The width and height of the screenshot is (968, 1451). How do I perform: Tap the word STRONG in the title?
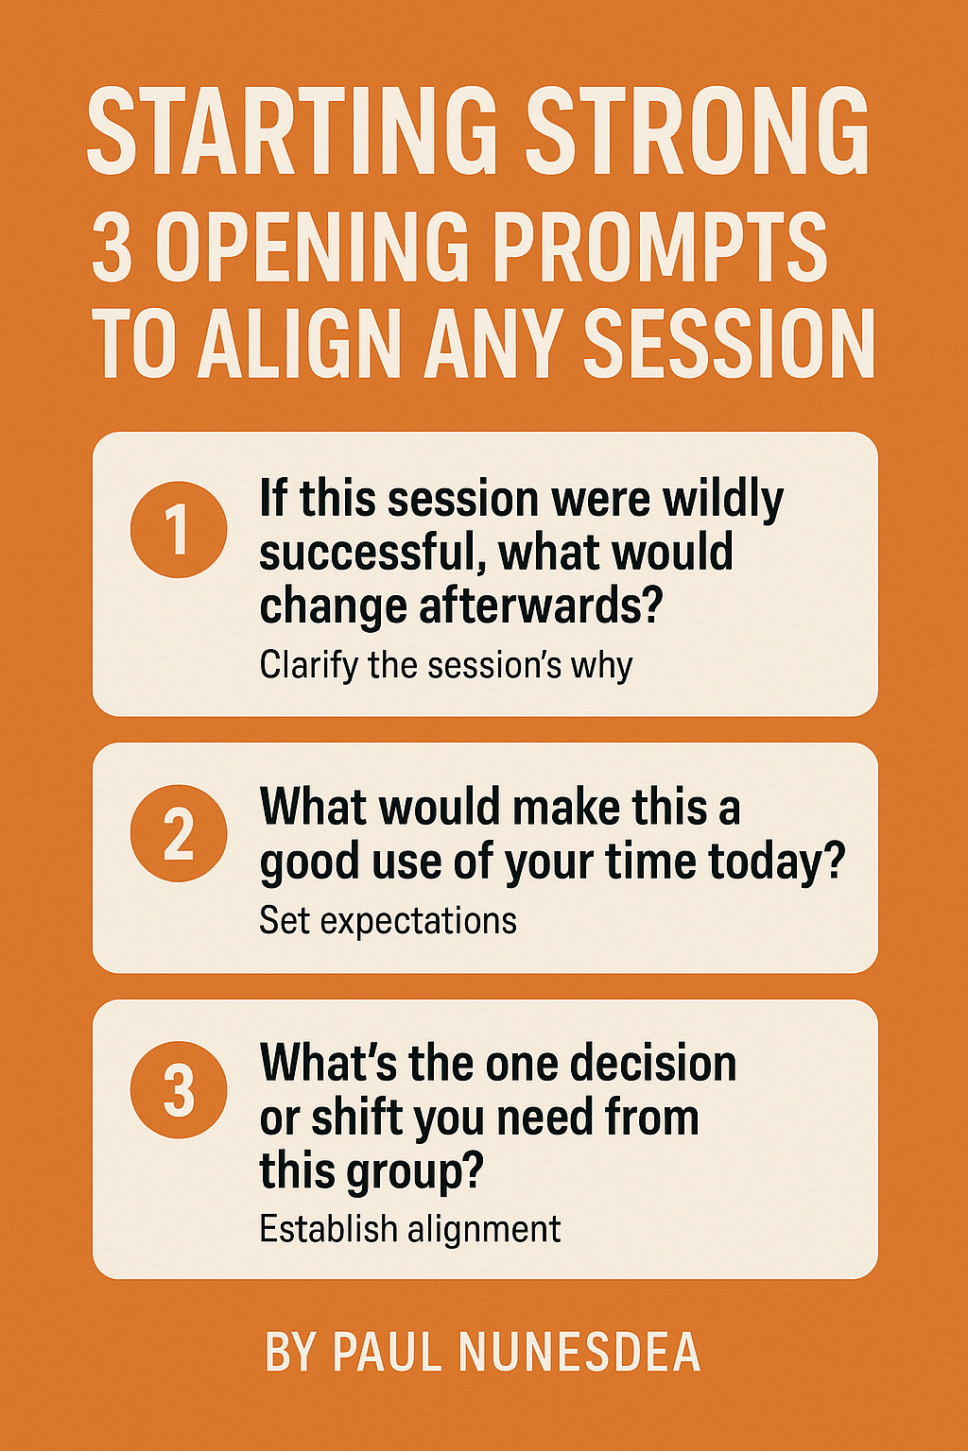698,131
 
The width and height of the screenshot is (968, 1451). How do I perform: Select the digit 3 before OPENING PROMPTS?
112,248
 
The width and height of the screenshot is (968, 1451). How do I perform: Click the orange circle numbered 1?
179,529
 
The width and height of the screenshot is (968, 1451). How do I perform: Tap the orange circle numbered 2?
179,833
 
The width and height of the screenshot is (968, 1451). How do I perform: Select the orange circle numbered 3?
179,1089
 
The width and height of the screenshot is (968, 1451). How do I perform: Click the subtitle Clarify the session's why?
445,665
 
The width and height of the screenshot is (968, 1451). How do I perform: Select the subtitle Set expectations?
388,920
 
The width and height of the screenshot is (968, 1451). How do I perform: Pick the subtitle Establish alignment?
409,1228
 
